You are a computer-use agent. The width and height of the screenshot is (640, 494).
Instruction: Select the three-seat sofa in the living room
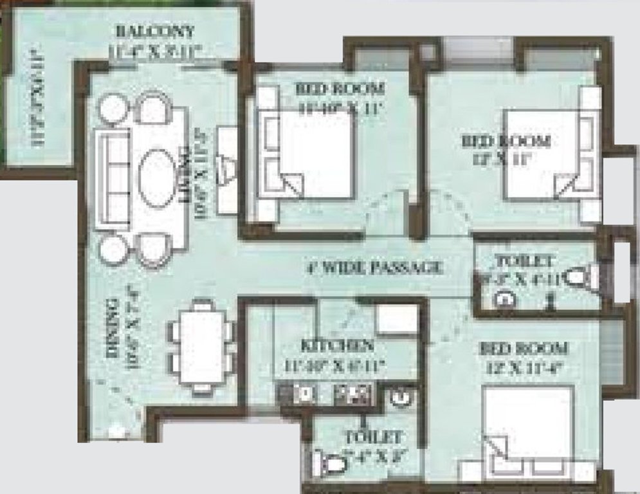113,178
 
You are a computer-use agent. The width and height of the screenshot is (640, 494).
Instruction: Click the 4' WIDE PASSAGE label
375,267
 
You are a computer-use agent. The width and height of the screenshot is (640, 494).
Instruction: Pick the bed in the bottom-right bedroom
527,427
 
